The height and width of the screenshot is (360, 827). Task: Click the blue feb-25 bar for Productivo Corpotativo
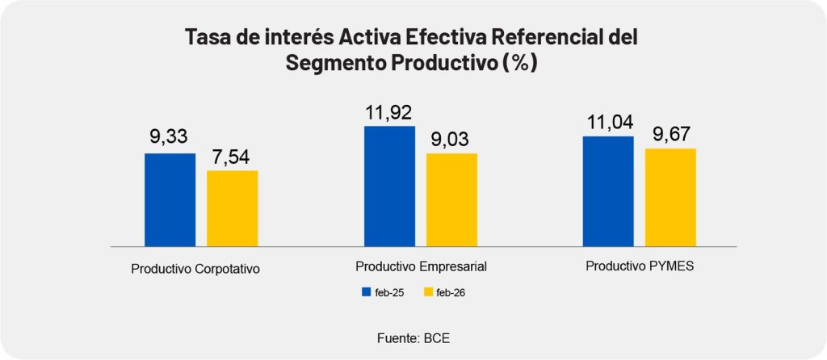pyautogui.click(x=170, y=199)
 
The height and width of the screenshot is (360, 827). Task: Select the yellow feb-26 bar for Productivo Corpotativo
pyautogui.click(x=233, y=207)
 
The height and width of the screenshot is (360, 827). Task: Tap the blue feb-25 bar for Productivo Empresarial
pyautogui.click(x=389, y=186)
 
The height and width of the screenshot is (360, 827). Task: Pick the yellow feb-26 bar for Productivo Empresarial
pyautogui.click(x=451, y=199)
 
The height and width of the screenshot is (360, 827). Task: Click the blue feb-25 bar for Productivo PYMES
pyautogui.click(x=608, y=191)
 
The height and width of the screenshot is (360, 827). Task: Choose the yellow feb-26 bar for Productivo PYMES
pyautogui.click(x=670, y=197)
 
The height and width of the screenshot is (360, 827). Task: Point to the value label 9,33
pyautogui.click(x=170, y=138)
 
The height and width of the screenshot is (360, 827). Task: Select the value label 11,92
pyautogui.click(x=389, y=111)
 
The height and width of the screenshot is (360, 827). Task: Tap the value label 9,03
pyautogui.click(x=451, y=138)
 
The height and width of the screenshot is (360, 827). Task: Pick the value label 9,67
pyautogui.click(x=670, y=134)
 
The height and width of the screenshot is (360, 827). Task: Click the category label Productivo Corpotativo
pyautogui.click(x=195, y=269)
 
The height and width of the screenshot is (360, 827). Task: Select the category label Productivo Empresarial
pyautogui.click(x=421, y=266)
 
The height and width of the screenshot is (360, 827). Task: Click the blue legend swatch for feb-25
pyautogui.click(x=366, y=292)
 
